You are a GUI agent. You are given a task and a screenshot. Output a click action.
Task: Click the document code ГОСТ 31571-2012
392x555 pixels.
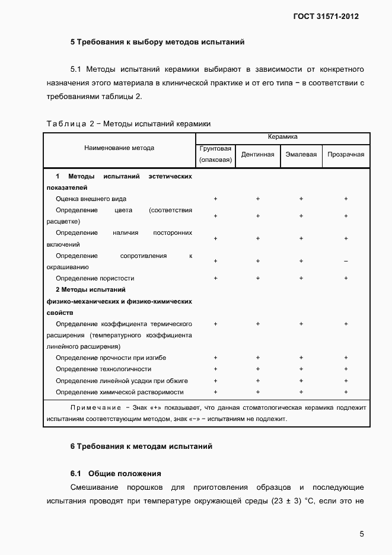(x=326, y=17)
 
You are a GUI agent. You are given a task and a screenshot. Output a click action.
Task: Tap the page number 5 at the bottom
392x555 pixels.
(x=362, y=534)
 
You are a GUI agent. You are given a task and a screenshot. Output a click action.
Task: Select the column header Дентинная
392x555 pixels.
(x=257, y=154)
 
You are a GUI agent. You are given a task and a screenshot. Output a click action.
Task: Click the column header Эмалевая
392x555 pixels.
(x=301, y=154)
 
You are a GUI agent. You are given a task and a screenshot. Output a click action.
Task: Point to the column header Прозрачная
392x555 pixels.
(x=346, y=154)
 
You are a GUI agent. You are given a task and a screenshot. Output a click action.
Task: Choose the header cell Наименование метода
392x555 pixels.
(x=119, y=148)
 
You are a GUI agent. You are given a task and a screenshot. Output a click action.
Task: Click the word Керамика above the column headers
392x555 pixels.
(x=282, y=137)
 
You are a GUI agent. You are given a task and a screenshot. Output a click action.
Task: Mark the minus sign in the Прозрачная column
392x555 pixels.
(x=346, y=261)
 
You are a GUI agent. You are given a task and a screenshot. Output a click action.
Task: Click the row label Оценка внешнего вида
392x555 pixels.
(x=91, y=199)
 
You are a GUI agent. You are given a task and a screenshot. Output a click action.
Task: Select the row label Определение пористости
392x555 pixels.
(x=95, y=278)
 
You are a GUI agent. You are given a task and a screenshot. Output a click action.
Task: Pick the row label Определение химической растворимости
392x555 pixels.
(x=119, y=392)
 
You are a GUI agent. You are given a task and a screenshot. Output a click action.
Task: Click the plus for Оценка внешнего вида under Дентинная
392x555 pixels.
(x=257, y=199)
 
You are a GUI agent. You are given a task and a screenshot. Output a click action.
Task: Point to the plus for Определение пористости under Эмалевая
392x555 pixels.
(x=301, y=278)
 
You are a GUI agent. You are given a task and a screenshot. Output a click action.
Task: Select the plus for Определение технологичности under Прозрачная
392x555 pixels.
(x=346, y=369)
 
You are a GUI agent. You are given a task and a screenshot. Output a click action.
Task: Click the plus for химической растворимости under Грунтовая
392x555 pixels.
(x=215, y=392)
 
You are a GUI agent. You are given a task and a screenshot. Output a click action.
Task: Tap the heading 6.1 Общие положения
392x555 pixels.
(x=115, y=473)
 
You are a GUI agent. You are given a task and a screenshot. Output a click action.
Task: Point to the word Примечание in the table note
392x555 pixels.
(x=95, y=408)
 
